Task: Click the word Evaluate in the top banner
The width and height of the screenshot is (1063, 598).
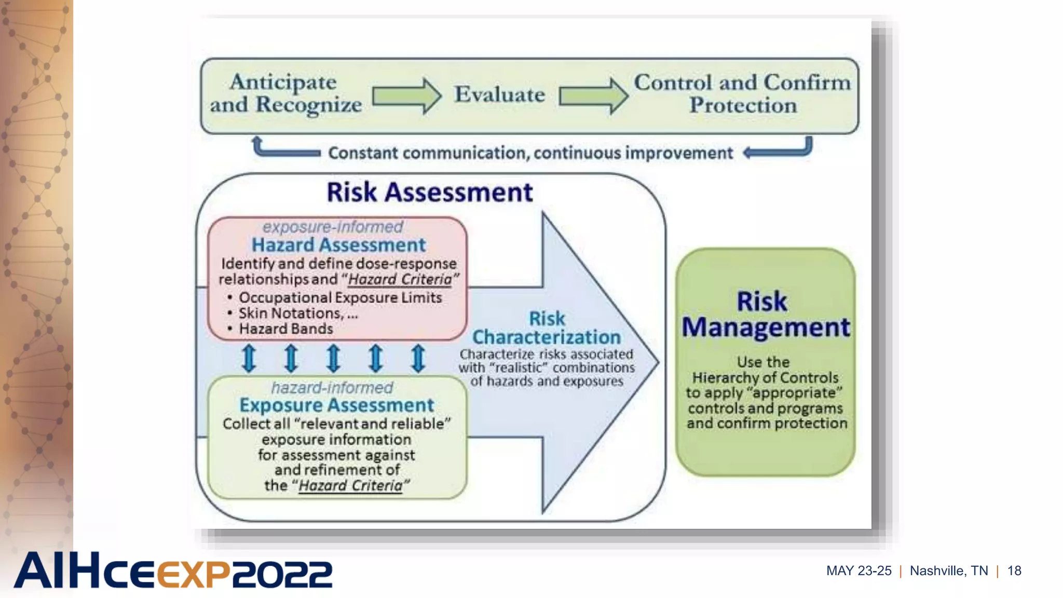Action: (499, 95)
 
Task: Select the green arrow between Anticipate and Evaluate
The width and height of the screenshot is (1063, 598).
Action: (406, 96)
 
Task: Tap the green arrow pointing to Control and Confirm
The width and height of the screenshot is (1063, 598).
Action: (593, 96)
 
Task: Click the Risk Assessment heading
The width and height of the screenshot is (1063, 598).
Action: (429, 193)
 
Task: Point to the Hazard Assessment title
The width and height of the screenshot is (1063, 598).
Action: (338, 245)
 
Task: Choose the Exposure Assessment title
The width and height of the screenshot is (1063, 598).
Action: (336, 405)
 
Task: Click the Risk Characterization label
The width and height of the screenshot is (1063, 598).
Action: (547, 328)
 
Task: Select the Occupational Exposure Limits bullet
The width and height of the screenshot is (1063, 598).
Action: (340, 298)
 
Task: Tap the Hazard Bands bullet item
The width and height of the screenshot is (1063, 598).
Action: (285, 329)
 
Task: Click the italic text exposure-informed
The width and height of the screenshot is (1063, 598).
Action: (332, 227)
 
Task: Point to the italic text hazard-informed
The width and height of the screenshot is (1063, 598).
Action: (332, 388)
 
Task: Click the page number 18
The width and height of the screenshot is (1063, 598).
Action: (1014, 571)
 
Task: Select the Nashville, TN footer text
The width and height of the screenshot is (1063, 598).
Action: (949, 571)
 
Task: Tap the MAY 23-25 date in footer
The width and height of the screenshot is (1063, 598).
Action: (858, 571)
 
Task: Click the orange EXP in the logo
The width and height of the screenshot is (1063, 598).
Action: (193, 574)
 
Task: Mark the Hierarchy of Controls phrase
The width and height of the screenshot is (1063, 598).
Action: (765, 378)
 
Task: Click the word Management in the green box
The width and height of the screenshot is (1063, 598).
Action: (766, 328)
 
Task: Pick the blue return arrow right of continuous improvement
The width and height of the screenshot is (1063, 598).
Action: (779, 149)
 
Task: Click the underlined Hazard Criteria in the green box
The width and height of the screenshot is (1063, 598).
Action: (350, 486)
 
